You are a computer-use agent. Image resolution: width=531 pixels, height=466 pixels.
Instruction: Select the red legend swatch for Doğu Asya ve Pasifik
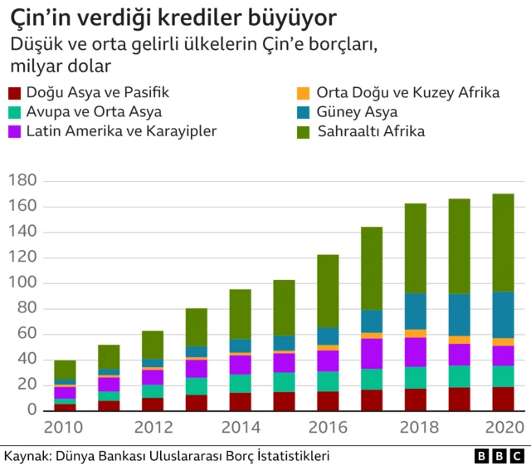(14, 93)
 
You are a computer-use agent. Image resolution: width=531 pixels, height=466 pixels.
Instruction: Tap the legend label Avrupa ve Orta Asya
(94, 112)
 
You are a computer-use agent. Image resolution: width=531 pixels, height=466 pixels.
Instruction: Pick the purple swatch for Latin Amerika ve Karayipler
(14, 131)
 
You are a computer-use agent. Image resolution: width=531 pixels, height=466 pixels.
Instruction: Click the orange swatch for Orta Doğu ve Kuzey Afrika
(303, 93)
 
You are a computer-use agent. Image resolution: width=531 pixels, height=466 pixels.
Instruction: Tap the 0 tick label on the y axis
(33, 410)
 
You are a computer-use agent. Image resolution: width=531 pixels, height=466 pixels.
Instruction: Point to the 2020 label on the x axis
(504, 428)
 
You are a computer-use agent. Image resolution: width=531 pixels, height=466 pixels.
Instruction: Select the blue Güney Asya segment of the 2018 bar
(416, 311)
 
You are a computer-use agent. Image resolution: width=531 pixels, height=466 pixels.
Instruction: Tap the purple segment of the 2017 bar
(372, 353)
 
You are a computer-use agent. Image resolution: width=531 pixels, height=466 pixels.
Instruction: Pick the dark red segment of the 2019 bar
(460, 399)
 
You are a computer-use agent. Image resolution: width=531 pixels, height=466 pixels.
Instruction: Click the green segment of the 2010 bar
(65, 370)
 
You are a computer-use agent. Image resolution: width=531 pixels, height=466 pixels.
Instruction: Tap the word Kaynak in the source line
(26, 457)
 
